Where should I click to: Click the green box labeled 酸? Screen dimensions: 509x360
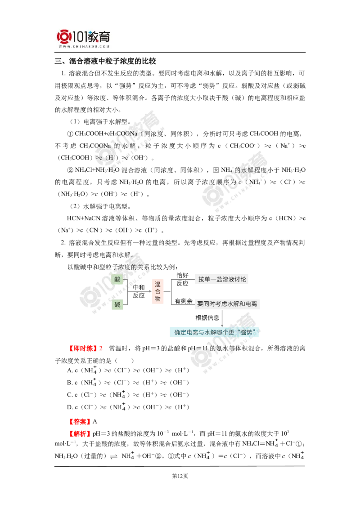coord(117,279)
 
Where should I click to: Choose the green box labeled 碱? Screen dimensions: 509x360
coord(117,305)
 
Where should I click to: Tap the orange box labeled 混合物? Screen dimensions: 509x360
coord(157,291)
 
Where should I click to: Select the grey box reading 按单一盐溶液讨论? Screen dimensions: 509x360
coord(222,279)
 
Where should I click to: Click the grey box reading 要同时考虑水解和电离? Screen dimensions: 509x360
coord(227,304)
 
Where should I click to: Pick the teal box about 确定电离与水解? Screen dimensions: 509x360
coord(215,332)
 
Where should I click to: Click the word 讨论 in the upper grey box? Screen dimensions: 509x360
coord(241,279)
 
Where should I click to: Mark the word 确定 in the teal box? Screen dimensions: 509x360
coord(180,332)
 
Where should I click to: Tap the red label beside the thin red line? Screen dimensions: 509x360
coord(79,422)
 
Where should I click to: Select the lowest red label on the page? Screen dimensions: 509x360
coord(79,433)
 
